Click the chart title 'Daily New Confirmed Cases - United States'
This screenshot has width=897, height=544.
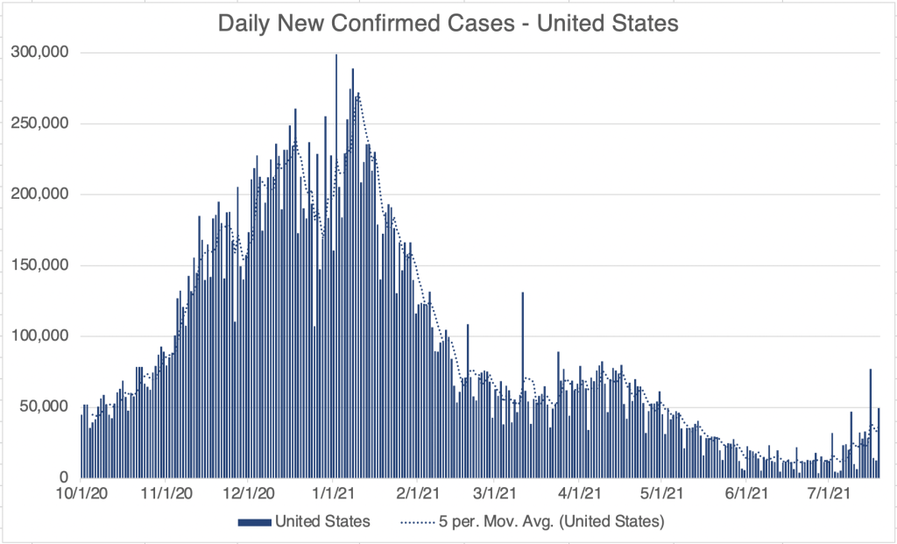pos(448,24)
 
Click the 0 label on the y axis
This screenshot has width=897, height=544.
pos(65,477)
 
